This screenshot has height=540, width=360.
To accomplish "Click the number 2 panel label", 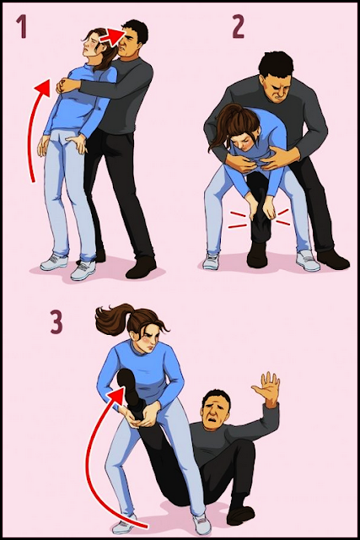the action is point(238,28).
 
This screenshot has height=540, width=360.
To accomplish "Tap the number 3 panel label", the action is point(56,321).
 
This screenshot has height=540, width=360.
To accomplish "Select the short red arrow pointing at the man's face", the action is point(111,36).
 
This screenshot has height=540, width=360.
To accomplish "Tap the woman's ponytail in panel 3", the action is point(113,319).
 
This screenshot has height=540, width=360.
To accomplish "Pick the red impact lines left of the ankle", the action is point(238,220).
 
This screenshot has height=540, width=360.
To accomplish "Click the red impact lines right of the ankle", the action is point(283,218).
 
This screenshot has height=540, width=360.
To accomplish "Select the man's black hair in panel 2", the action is point(276,65).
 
